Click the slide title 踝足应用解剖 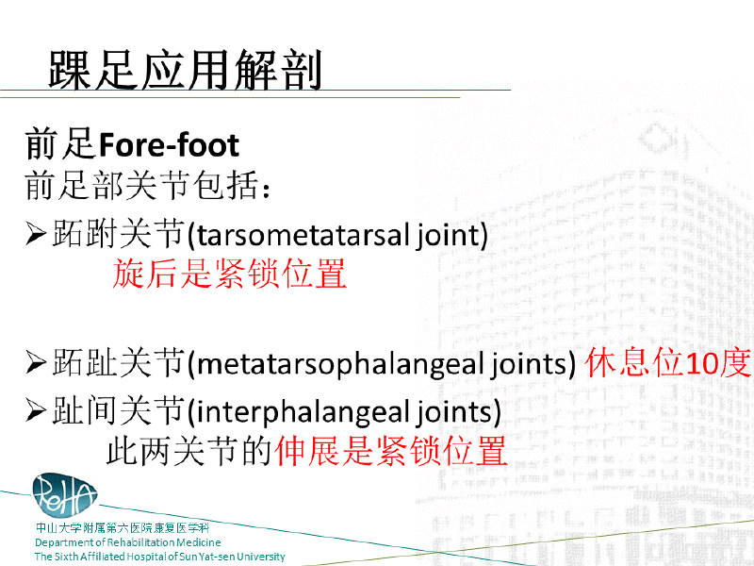coord(185,70)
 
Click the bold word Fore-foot coord(170,145)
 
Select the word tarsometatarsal coord(303,235)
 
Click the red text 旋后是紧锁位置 coord(229,273)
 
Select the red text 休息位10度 coord(668,362)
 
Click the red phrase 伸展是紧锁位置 coord(391,451)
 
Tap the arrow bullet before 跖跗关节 coord(36,234)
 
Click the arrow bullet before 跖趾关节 coord(36,363)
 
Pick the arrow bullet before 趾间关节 coord(36,411)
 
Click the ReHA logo coord(64,495)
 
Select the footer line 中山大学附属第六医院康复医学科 coord(123,528)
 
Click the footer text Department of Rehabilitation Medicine coord(128,542)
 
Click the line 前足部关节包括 coord(147,186)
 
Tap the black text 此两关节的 coord(189,451)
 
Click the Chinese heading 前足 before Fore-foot coord(60,144)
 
